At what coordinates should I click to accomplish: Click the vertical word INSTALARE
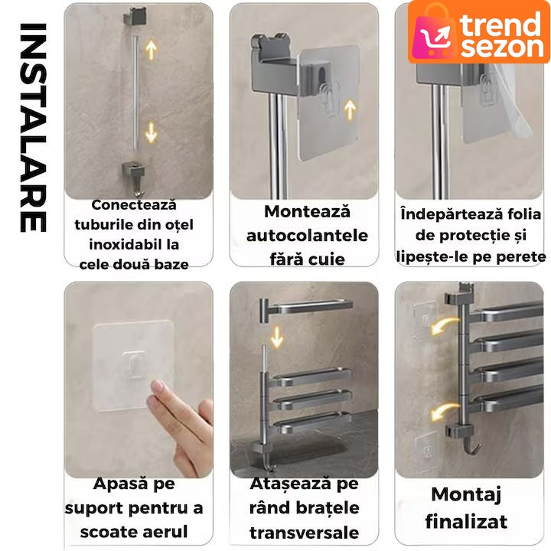pyautogui.click(x=34, y=128)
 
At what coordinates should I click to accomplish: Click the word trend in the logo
pyautogui.click(x=500, y=23)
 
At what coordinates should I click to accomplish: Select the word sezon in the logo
pyautogui.click(x=502, y=47)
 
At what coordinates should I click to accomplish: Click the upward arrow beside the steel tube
pyautogui.click(x=151, y=50)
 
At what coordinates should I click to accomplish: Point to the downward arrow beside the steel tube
pyautogui.click(x=151, y=132)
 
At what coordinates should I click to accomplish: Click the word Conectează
pyautogui.click(x=134, y=205)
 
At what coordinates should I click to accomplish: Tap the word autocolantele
pyautogui.click(x=307, y=236)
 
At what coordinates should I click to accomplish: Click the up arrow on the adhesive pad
pyautogui.click(x=350, y=109)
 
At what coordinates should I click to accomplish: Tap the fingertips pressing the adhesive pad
pyautogui.click(x=156, y=390)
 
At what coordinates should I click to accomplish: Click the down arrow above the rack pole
pyautogui.click(x=277, y=337)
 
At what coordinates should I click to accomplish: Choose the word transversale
pyautogui.click(x=305, y=533)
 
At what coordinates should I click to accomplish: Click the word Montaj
pyautogui.click(x=466, y=495)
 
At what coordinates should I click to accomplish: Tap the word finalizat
pyautogui.click(x=466, y=521)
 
